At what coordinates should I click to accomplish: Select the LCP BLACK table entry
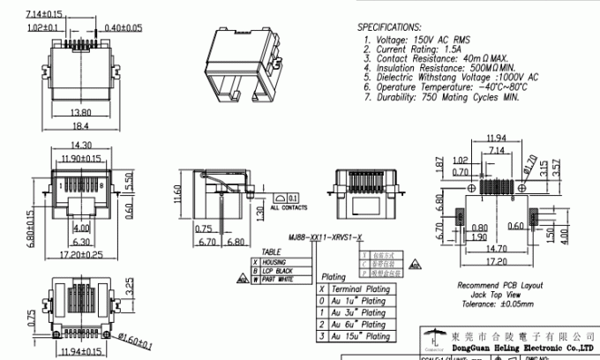tap(281, 272)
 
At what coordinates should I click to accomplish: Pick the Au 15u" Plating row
tap(363, 336)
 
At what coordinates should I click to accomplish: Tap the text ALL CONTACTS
tap(289, 209)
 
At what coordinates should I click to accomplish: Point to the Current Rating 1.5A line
tap(410, 50)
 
